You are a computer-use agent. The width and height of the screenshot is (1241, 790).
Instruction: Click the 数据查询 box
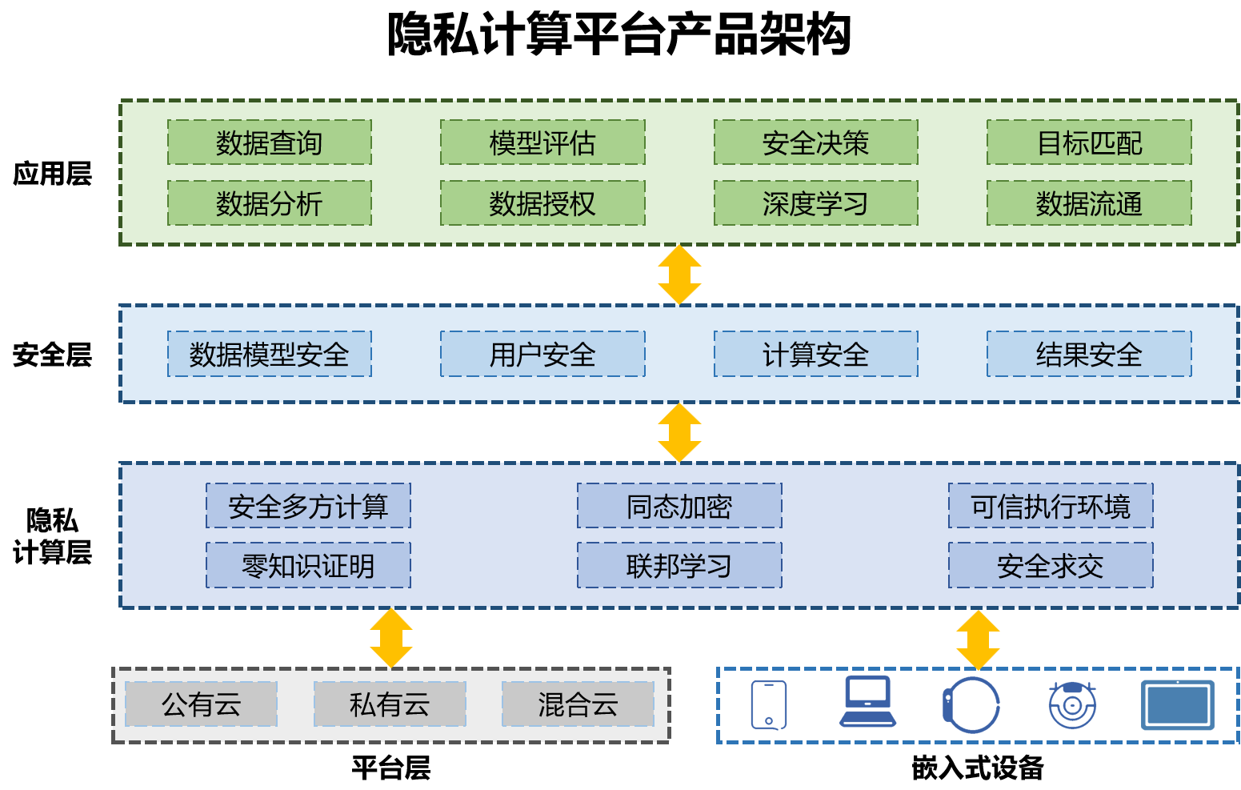(269, 142)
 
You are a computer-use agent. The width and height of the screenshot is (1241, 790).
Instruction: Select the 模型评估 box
(542, 142)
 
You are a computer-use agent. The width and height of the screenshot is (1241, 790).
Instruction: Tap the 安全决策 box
(815, 142)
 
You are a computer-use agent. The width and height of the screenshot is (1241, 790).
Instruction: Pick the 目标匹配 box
(1089, 142)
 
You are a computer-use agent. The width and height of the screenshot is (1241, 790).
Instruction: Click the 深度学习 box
(815, 203)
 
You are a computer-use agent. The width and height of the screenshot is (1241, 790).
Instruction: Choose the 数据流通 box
(1089, 203)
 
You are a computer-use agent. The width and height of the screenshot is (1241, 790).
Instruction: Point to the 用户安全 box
(542, 354)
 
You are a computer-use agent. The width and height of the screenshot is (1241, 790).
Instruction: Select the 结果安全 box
(1089, 354)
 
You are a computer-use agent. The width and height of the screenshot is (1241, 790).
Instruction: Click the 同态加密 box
(679, 506)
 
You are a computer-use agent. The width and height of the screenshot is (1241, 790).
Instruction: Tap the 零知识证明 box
(308, 566)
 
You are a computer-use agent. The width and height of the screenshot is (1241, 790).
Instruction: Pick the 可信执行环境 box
(1051, 506)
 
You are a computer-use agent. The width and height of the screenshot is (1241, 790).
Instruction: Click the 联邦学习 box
(679, 566)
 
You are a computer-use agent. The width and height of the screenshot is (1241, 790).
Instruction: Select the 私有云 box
(390, 704)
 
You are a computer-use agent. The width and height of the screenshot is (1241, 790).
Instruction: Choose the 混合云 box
(578, 704)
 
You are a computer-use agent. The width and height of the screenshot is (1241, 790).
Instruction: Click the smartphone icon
(769, 705)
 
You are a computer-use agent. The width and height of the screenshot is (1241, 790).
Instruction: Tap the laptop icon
(867, 702)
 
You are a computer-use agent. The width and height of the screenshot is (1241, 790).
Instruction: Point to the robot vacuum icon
(1072, 705)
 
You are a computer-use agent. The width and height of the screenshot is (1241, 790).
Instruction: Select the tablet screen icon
(1177, 705)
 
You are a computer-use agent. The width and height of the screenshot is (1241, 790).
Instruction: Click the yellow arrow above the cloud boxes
(391, 638)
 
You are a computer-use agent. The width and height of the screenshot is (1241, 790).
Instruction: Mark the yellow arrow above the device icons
(978, 640)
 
